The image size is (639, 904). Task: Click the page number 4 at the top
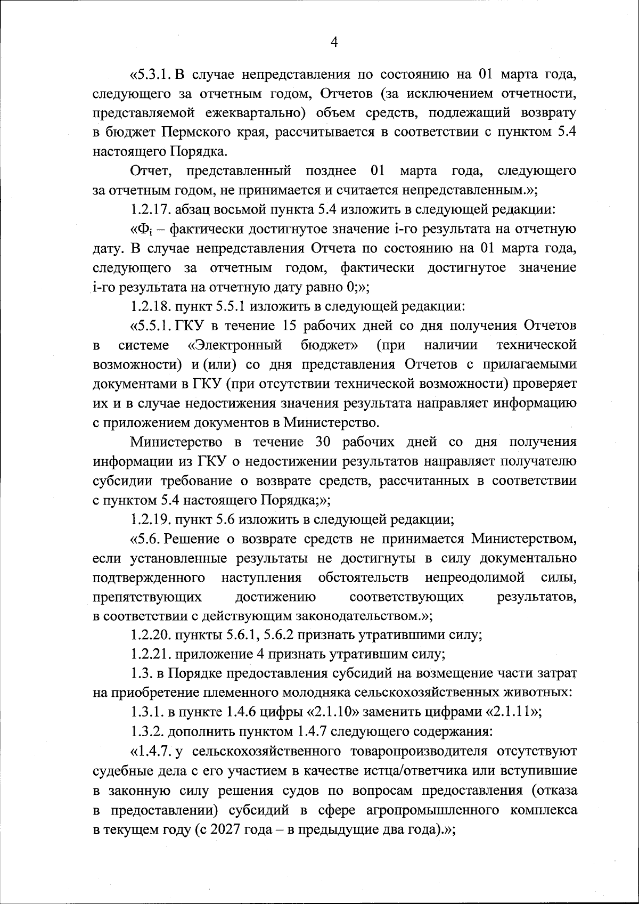[x=334, y=43]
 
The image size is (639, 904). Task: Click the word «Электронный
[x=235, y=345]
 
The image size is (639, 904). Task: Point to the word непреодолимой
[x=475, y=577]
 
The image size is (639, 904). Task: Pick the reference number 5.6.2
[x=281, y=636]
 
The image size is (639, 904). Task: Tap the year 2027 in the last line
[x=226, y=829]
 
